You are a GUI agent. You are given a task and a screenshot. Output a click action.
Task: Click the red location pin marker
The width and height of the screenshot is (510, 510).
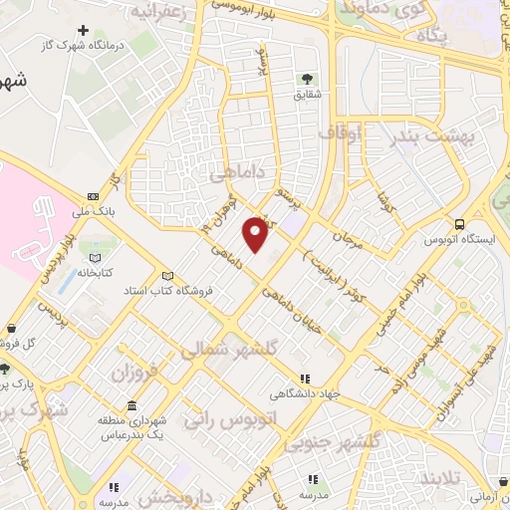(256, 233)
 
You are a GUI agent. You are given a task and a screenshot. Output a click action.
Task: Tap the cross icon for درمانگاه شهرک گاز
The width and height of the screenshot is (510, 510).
(83, 29)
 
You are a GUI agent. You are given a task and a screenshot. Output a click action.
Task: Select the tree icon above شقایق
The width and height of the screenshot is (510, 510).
(305, 78)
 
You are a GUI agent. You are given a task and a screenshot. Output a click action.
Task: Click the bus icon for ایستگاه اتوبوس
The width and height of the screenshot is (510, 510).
(459, 224)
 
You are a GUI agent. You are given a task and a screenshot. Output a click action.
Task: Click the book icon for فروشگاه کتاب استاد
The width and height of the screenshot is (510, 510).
(166, 276)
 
